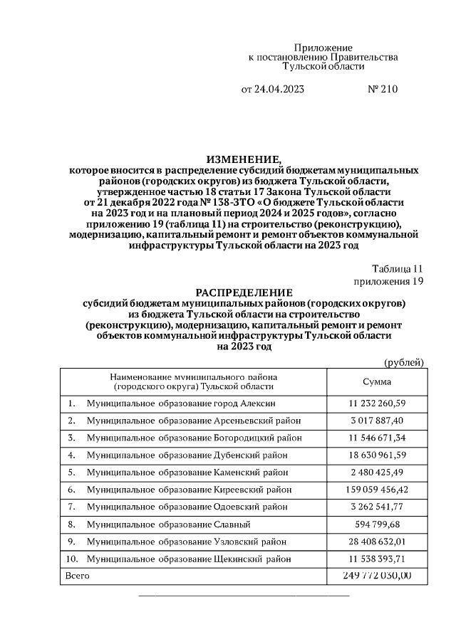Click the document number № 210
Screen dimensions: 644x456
point(381,90)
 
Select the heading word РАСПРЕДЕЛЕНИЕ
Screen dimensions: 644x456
point(244,292)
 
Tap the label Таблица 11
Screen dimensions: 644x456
point(398,269)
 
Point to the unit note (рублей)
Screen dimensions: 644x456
point(404,363)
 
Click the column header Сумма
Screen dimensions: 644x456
point(376,382)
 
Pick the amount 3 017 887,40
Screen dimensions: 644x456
point(376,421)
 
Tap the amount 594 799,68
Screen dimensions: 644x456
point(376,524)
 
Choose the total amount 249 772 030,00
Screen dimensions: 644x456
point(376,575)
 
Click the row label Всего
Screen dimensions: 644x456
point(77,575)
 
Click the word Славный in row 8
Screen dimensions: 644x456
point(232,524)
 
